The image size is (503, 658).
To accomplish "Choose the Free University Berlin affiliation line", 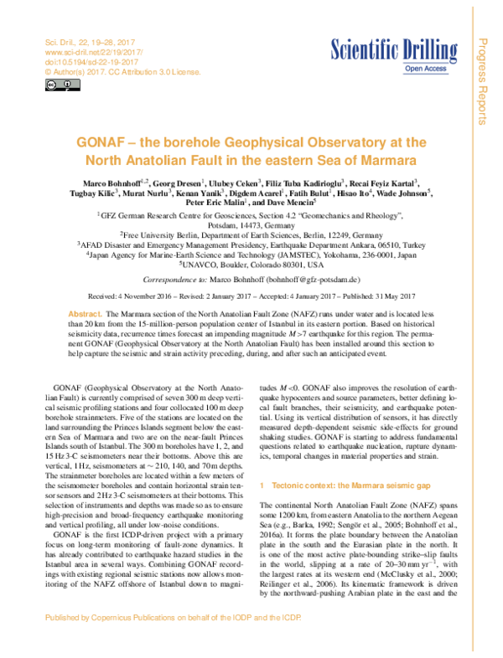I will tap(251, 235).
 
